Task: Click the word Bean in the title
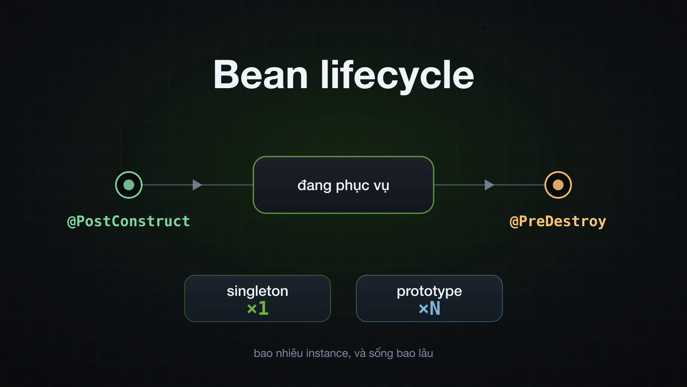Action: click(x=261, y=75)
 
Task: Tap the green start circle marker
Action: click(x=129, y=185)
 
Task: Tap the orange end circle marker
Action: click(x=558, y=185)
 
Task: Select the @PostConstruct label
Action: click(x=128, y=221)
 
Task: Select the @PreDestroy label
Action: click(x=558, y=221)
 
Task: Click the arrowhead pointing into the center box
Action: click(x=197, y=185)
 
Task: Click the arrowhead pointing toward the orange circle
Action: click(x=489, y=185)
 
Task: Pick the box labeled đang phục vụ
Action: click(x=343, y=185)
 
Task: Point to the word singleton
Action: click(x=258, y=291)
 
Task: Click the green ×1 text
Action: click(x=258, y=308)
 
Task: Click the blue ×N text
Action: click(x=429, y=308)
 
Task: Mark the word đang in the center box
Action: click(x=315, y=186)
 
